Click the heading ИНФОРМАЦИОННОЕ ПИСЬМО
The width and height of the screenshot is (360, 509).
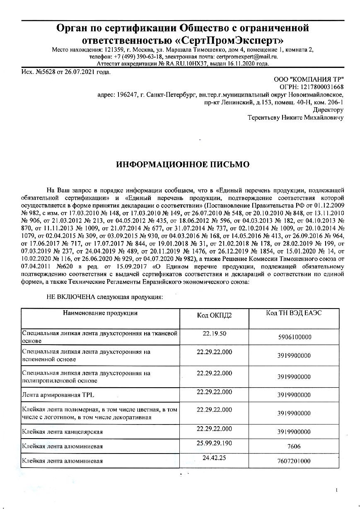pos(183,164)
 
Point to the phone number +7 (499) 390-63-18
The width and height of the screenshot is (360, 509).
pos(138,57)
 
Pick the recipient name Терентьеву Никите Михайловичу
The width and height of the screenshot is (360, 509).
pos(295,118)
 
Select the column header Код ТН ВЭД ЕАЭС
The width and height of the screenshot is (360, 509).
pos(294,313)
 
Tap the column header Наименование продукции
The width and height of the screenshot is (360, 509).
pos(100,313)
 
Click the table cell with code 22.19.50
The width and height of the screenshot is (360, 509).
pos(214,333)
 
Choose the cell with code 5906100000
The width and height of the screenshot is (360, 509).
pos(294,337)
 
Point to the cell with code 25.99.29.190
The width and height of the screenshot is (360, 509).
pos(214,443)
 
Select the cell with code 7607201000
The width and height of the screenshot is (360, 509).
pos(294,461)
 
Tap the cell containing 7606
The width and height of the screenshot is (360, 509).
pos(294,446)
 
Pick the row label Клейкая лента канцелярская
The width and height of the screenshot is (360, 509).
pos(62,432)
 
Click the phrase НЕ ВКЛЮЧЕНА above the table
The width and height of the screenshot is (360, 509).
pos(70,297)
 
